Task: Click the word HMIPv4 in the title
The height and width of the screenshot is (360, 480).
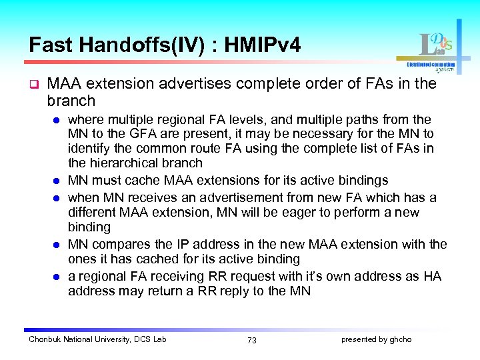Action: click(263, 45)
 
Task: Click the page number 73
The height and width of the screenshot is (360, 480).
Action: click(251, 340)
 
